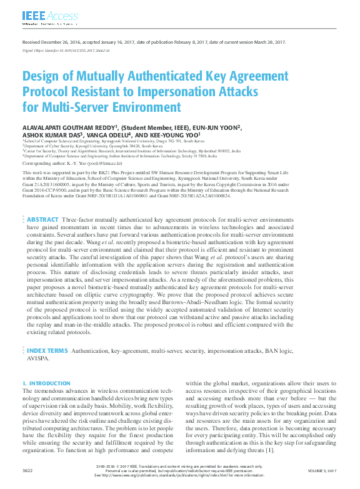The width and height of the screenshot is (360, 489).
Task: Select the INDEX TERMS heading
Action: [47, 350]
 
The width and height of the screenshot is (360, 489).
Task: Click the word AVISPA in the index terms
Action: [37, 359]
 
